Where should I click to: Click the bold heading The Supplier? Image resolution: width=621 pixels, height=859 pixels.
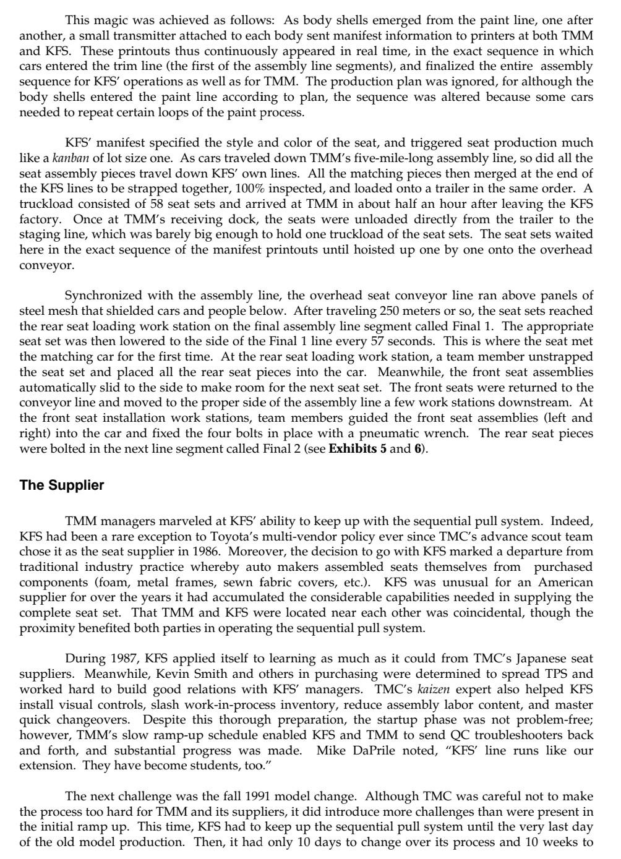pyautogui.click(x=62, y=485)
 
